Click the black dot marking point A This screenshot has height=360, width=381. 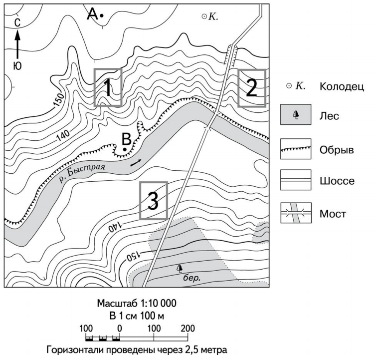pos(101,16)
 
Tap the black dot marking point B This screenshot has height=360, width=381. pos(124,149)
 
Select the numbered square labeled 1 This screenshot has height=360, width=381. pos(108,87)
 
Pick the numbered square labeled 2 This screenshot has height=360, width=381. pos(251,88)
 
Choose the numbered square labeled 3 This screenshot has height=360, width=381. pos(154,201)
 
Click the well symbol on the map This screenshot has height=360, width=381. pos(204,16)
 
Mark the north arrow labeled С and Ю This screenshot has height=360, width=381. pos(18,43)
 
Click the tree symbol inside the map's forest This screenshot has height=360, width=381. pos(179,269)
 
